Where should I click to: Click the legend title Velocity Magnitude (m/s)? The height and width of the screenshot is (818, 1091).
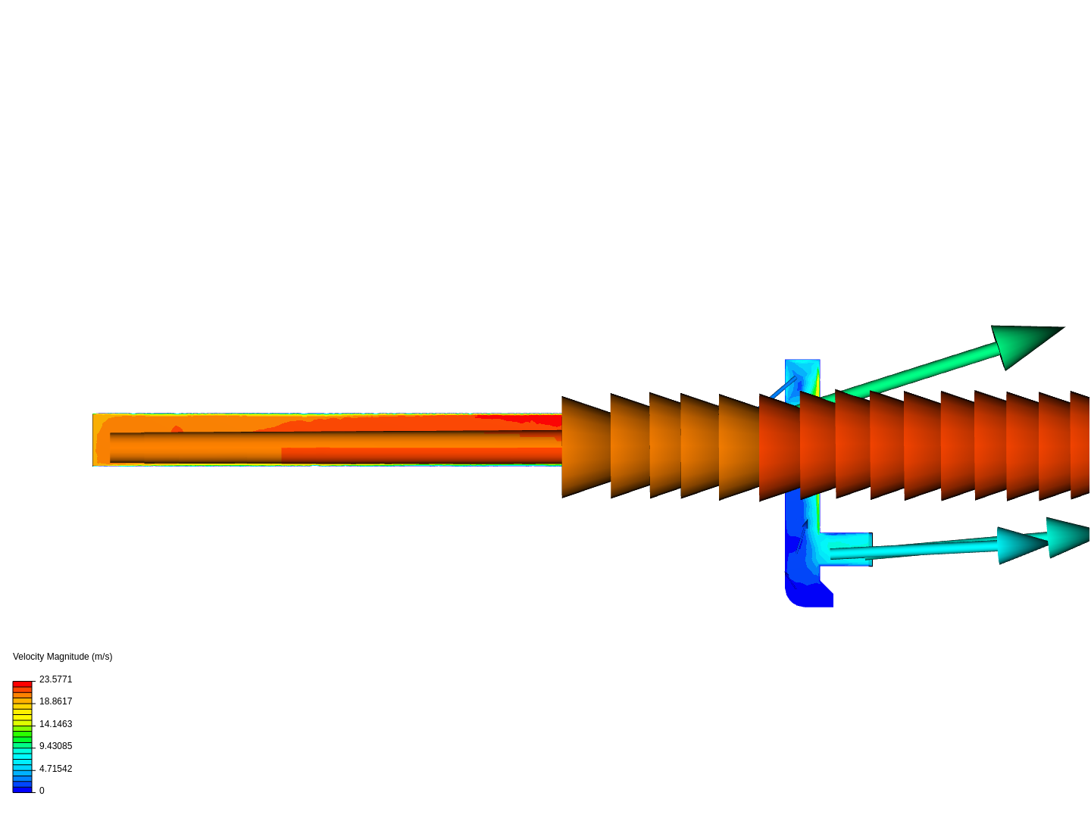point(63,657)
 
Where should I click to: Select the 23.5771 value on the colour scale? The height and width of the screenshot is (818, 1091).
point(55,679)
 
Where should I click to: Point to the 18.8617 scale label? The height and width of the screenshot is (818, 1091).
point(55,701)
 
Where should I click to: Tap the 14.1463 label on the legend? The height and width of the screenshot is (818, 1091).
point(55,724)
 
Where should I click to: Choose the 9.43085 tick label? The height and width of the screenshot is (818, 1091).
point(55,746)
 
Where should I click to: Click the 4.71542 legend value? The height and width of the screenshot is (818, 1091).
point(55,769)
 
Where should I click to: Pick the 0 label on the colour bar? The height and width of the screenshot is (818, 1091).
point(42,791)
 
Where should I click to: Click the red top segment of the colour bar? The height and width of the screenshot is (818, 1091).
point(23,685)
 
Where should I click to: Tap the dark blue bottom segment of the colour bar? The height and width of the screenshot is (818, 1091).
point(23,790)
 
